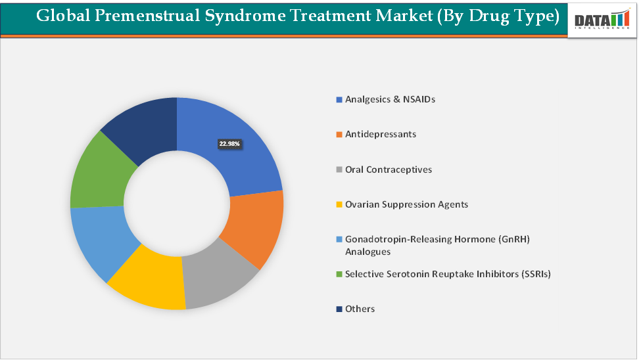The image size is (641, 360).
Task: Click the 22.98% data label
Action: [x=229, y=143]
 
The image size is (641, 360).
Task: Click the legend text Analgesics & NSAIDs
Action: [x=390, y=99]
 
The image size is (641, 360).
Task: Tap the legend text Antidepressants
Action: [x=380, y=134]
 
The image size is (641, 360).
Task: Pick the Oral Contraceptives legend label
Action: [x=389, y=169]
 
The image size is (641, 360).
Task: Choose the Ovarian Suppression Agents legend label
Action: [x=406, y=204]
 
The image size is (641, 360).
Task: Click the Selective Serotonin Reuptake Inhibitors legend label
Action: [x=447, y=274]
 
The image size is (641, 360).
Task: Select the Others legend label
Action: [x=360, y=309]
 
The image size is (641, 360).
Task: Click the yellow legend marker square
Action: [x=339, y=205]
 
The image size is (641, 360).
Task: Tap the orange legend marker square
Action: [x=339, y=135]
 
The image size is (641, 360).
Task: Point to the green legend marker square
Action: [x=339, y=275]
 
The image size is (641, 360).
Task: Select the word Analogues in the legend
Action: [x=368, y=252]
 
